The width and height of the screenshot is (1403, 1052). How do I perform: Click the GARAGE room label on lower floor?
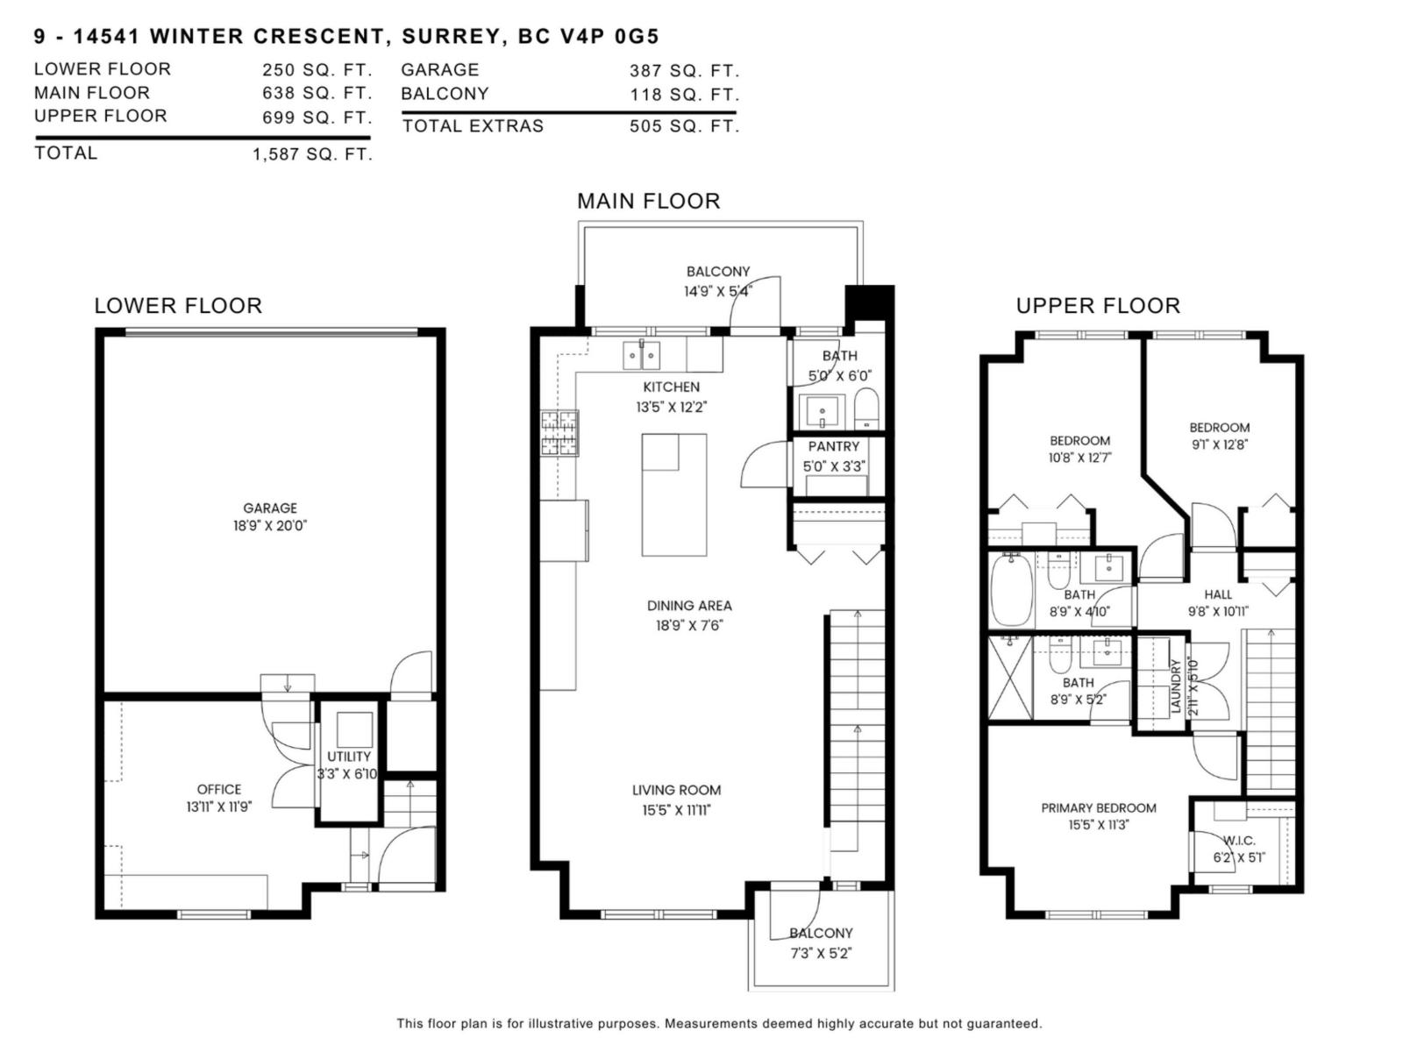click(x=270, y=508)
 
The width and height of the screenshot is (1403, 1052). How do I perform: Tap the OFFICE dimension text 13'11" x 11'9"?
click(x=218, y=807)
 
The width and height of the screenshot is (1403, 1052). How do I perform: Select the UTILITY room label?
click(x=349, y=756)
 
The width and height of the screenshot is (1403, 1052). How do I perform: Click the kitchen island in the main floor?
click(x=673, y=495)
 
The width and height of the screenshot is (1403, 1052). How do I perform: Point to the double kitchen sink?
click(x=641, y=355)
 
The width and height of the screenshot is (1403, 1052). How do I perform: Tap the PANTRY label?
click(x=833, y=446)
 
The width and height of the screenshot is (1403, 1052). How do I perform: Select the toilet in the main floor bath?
click(x=865, y=409)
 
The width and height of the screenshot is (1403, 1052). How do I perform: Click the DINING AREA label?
click(x=689, y=605)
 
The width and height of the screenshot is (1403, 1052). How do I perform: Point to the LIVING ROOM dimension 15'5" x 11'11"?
click(x=676, y=810)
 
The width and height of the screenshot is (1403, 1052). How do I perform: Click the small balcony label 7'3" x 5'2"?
click(x=821, y=953)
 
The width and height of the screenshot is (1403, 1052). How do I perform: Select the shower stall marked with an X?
click(x=1010, y=677)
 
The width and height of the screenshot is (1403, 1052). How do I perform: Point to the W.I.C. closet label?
click(x=1239, y=840)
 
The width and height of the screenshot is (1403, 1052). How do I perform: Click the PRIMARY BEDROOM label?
click(x=1099, y=807)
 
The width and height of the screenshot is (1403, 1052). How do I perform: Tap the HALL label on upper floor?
click(x=1218, y=594)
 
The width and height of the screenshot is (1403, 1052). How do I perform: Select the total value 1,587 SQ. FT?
click(x=312, y=154)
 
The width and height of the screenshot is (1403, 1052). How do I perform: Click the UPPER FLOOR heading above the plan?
click(x=1098, y=305)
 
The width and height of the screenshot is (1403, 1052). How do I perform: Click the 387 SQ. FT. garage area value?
click(x=684, y=71)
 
